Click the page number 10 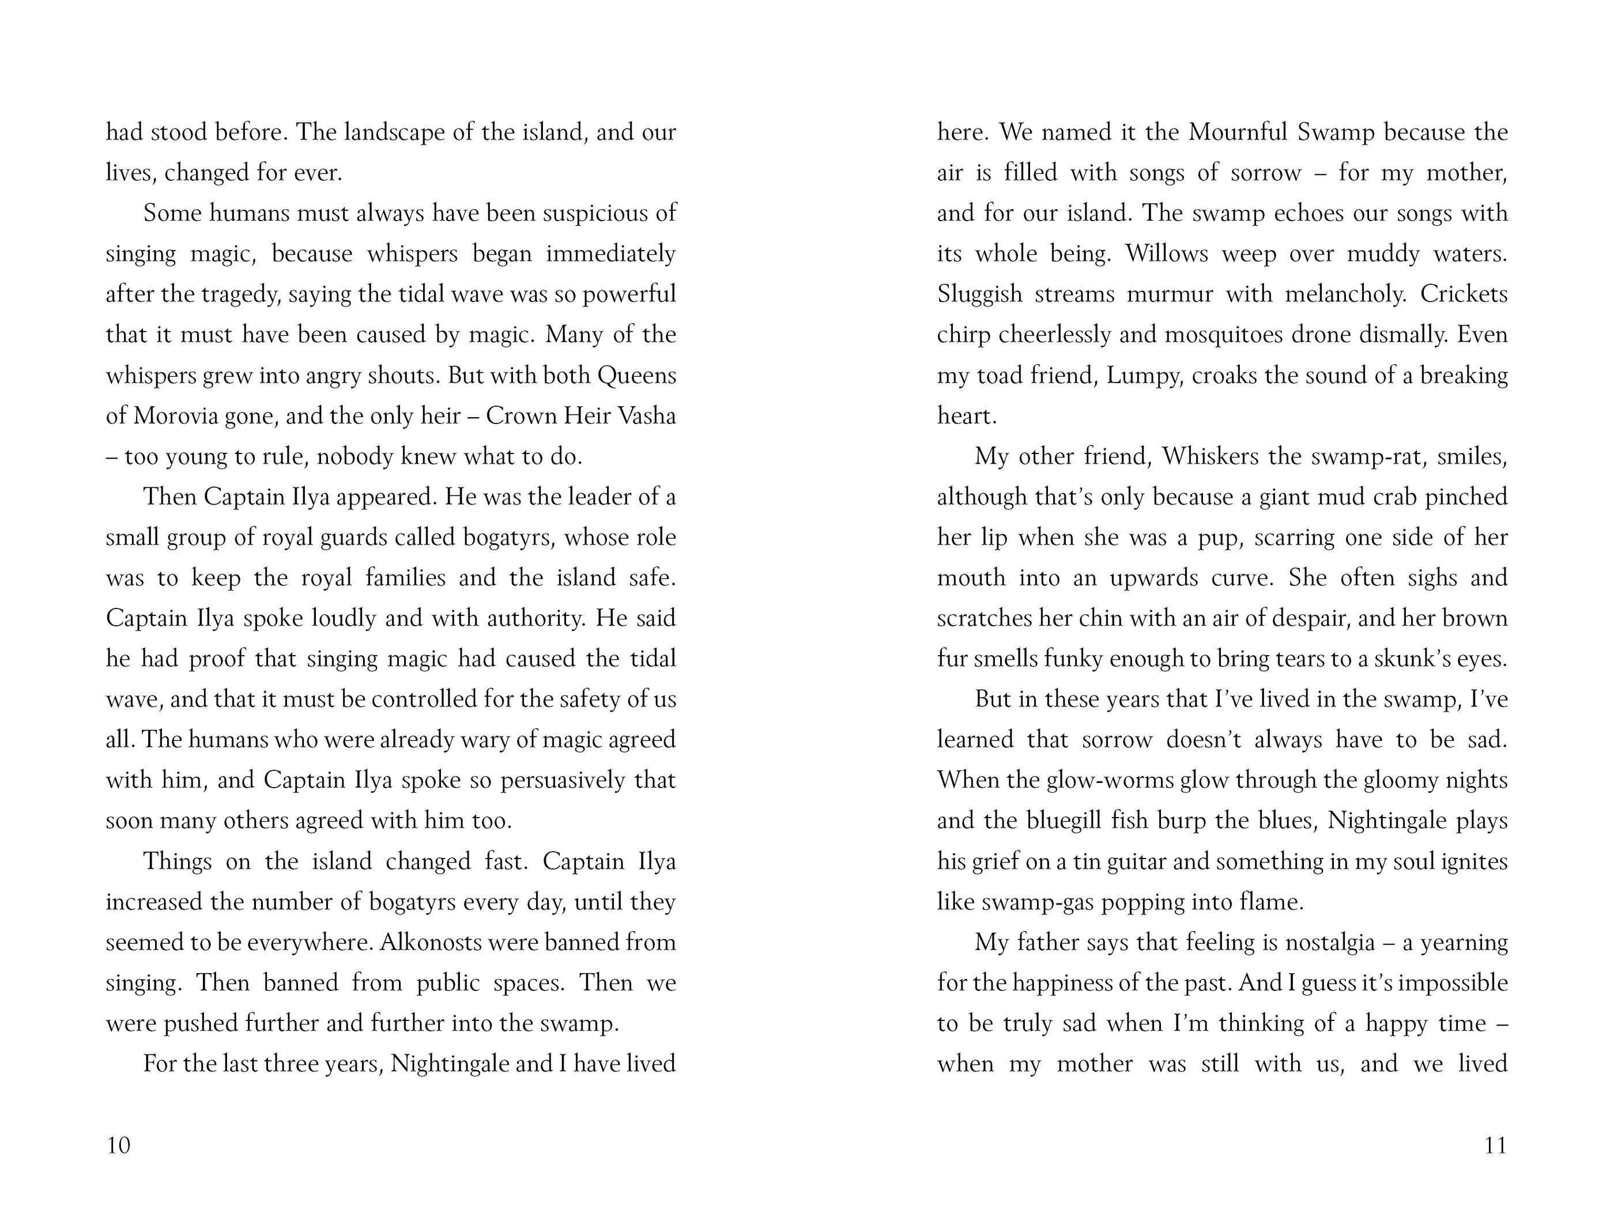pos(119,1145)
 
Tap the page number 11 pos(1495,1145)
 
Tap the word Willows pos(1167,254)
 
